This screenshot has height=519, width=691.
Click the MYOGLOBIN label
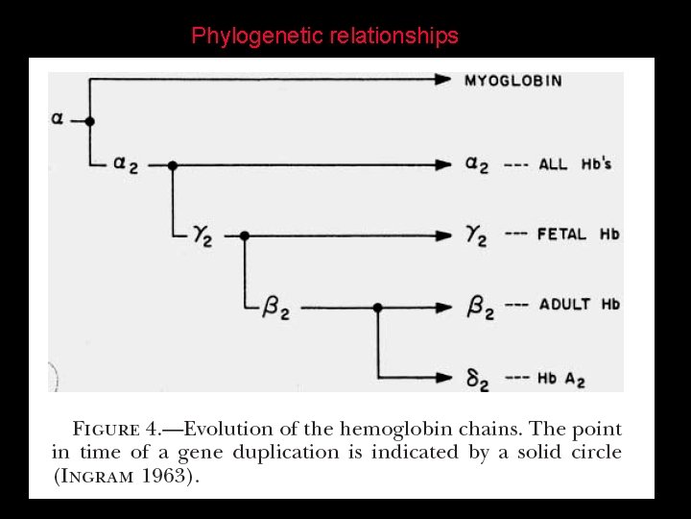pyautogui.click(x=513, y=80)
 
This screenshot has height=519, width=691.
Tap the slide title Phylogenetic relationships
pyautogui.click(x=324, y=37)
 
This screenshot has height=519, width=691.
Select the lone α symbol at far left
pyautogui.click(x=58, y=119)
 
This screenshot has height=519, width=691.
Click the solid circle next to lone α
pyautogui.click(x=89, y=121)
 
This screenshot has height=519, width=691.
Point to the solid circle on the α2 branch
pyautogui.click(x=173, y=165)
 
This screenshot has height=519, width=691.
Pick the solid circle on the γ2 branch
pyautogui.click(x=244, y=235)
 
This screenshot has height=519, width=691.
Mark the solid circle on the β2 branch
pyautogui.click(x=377, y=308)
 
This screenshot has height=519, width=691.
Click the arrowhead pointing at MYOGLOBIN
pyautogui.click(x=443, y=80)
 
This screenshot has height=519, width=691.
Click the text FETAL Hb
pyautogui.click(x=579, y=234)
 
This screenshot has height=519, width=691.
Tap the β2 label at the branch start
pyautogui.click(x=275, y=309)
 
